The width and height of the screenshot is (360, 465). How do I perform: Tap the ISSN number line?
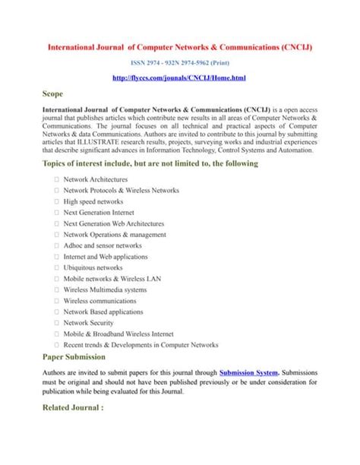tap(180, 62)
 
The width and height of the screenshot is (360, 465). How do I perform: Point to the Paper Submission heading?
tap(74, 356)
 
